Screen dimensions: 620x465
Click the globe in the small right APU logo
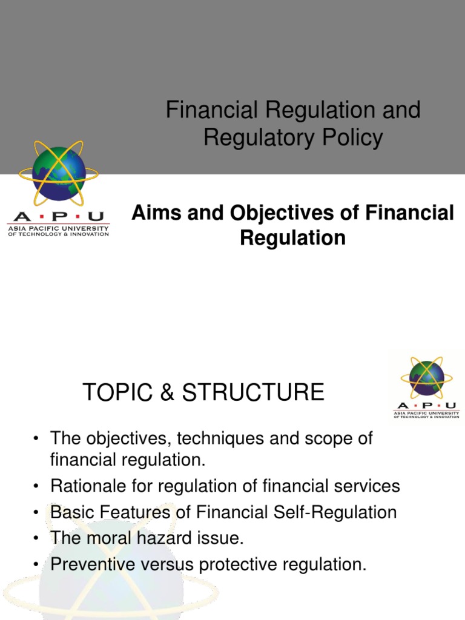click(426, 378)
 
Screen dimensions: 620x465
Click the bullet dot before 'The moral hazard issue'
click(38, 539)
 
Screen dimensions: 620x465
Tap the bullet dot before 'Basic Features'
click(38, 513)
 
